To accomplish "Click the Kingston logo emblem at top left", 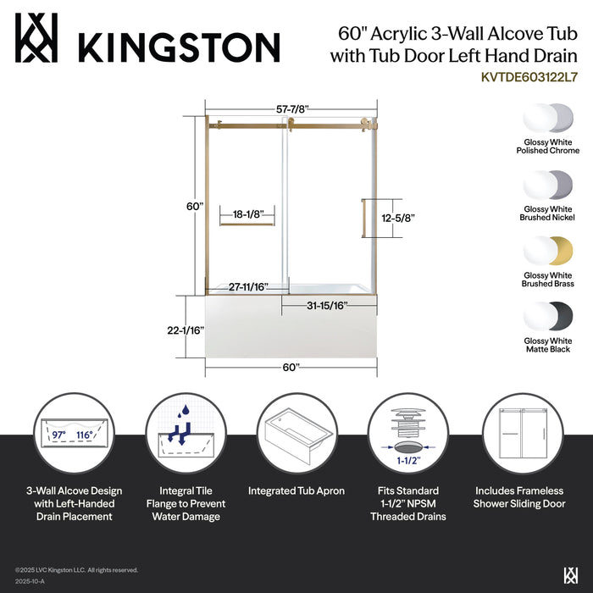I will pyautogui.click(x=37, y=37).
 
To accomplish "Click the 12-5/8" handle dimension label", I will pyautogui.click(x=398, y=218).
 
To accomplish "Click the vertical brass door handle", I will pyautogui.click(x=363, y=218).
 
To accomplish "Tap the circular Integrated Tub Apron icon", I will pyautogui.click(x=296, y=434).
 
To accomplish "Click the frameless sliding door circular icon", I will pyautogui.click(x=520, y=434).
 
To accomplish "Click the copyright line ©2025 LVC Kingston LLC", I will pyautogui.click(x=76, y=570).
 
